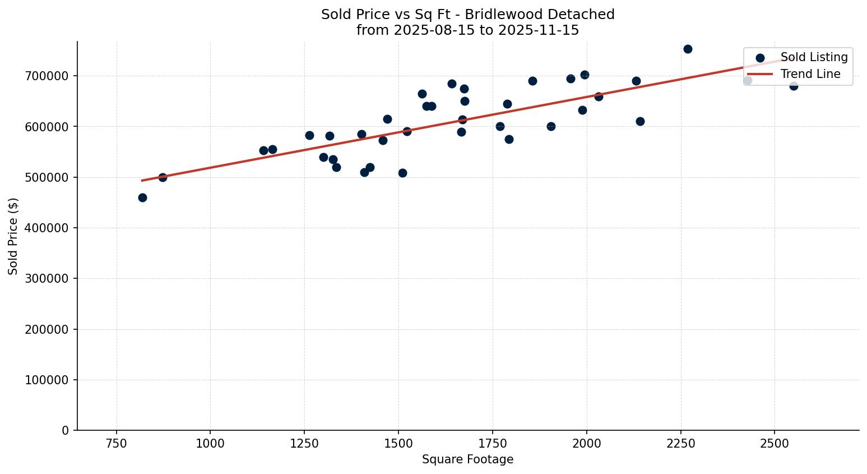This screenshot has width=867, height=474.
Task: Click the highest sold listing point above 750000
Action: point(688,49)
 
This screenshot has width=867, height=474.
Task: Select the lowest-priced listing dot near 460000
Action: point(142,197)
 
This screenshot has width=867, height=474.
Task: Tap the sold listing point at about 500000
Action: point(163,177)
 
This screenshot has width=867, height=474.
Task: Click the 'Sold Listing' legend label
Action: point(814,57)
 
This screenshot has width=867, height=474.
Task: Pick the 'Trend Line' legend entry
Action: point(810,74)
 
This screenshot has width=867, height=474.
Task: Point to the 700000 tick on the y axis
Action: point(47,76)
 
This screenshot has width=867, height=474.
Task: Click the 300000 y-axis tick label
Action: point(47,279)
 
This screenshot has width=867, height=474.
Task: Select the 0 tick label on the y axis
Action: point(65,431)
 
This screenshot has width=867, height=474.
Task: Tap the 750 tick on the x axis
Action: point(117,443)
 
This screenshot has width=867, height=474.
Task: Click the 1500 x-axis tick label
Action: point(398,443)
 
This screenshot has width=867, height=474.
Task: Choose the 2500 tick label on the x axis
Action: point(775,443)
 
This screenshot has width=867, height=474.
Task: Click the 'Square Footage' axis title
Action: point(467,460)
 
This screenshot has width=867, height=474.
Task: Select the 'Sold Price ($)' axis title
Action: point(13,236)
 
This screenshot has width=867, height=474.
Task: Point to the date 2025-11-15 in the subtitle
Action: point(543,30)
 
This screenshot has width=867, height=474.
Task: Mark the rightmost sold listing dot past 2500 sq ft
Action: point(794,86)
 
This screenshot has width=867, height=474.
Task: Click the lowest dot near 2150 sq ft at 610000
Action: point(640,121)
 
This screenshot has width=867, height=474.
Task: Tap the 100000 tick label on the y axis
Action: point(47,380)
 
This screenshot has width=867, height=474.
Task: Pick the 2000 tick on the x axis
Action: point(587,443)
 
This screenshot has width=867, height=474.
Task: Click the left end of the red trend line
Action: point(142,181)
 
